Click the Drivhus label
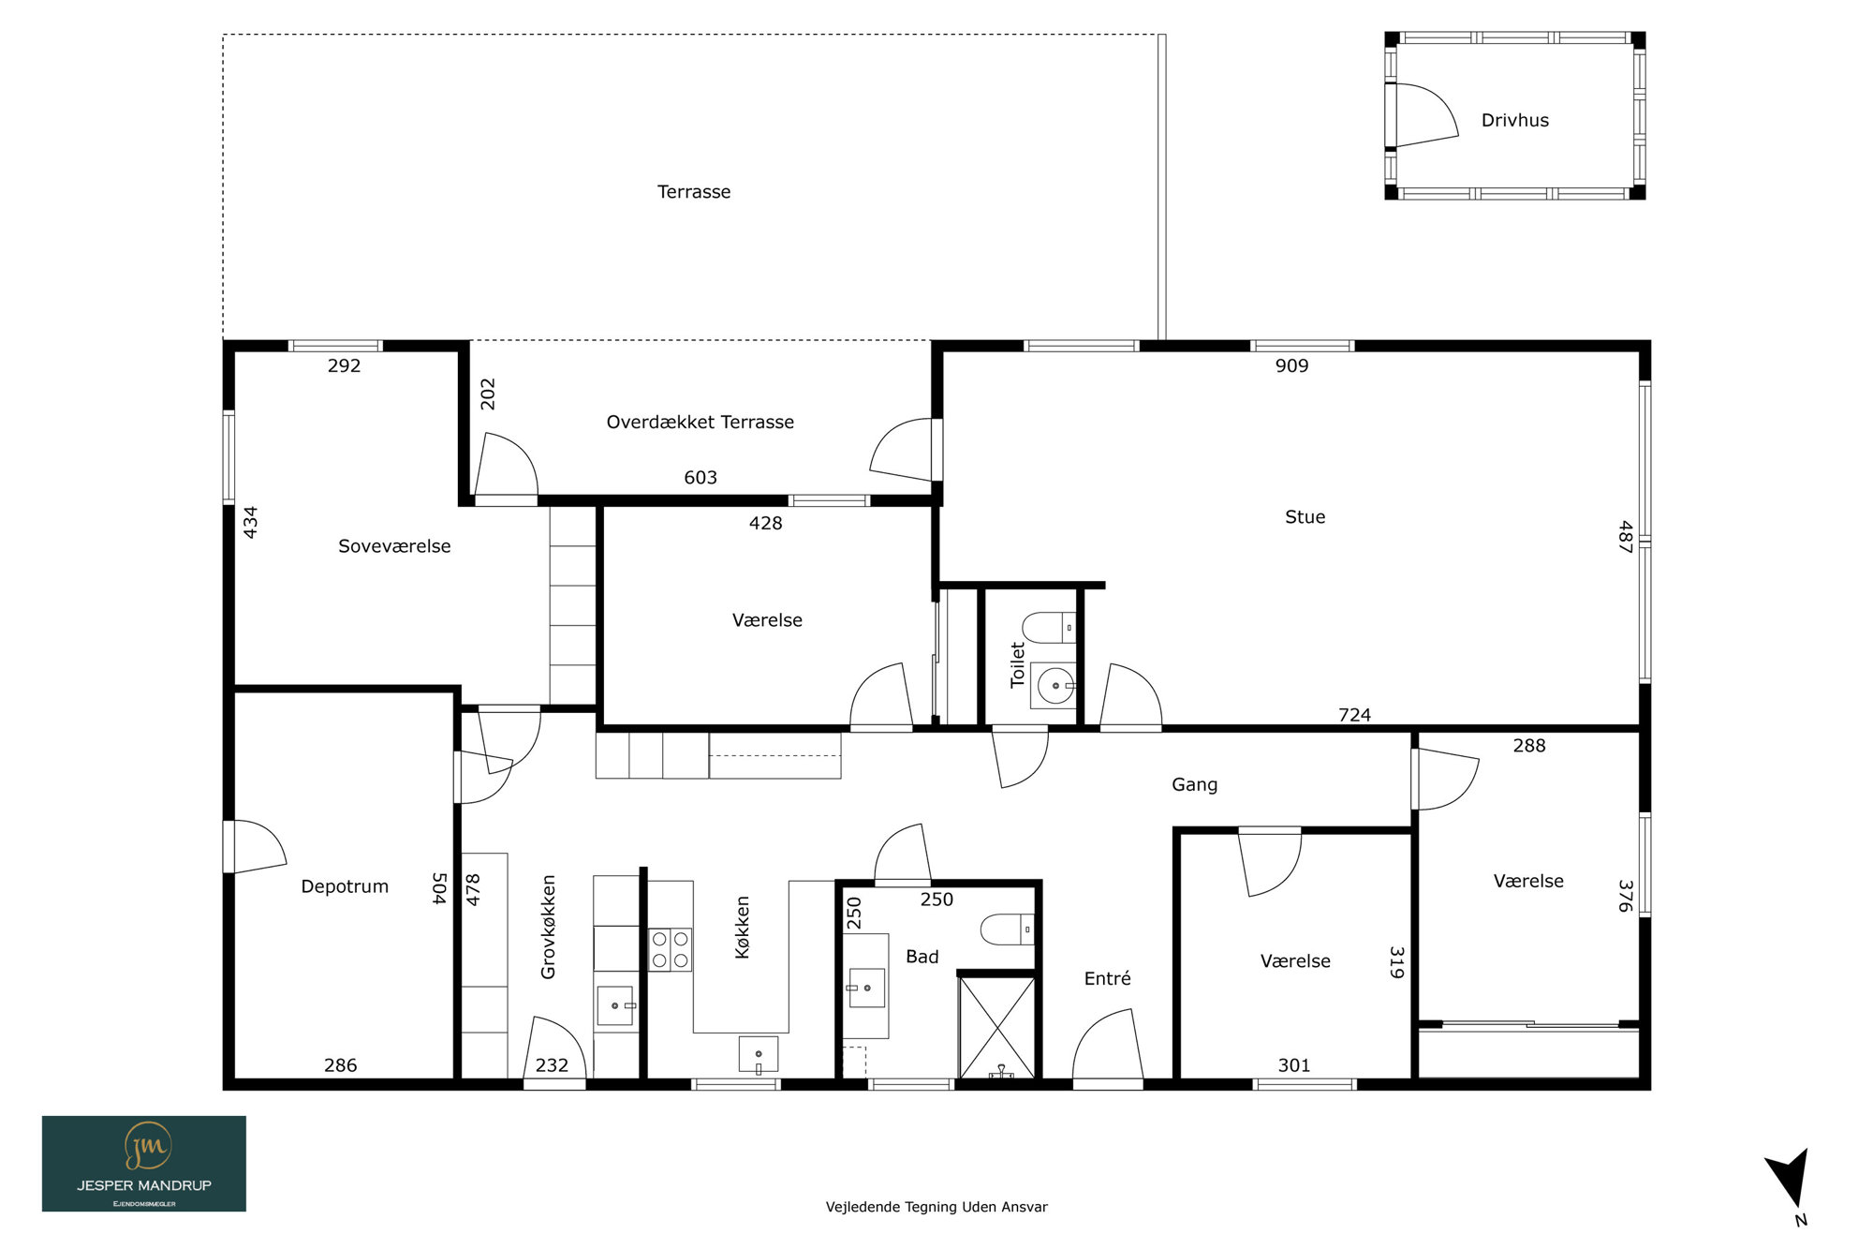click(x=1514, y=120)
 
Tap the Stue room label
click(x=1305, y=516)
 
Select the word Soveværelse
click(x=394, y=546)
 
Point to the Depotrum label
click(x=345, y=886)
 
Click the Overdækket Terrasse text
click(x=700, y=422)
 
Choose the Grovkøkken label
click(x=548, y=927)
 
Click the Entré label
click(x=1107, y=978)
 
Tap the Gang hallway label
click(x=1194, y=784)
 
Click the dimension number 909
click(x=1291, y=365)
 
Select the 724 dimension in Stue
click(x=1354, y=715)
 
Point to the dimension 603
click(x=701, y=478)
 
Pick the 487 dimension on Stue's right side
click(x=1625, y=537)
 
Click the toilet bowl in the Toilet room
click(x=1049, y=627)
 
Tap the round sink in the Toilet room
click(x=1054, y=686)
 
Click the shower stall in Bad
click(x=998, y=1028)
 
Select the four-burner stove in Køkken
click(x=671, y=949)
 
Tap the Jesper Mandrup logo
click(x=144, y=1164)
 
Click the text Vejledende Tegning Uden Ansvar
click(x=936, y=1207)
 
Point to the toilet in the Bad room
click(x=1008, y=929)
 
